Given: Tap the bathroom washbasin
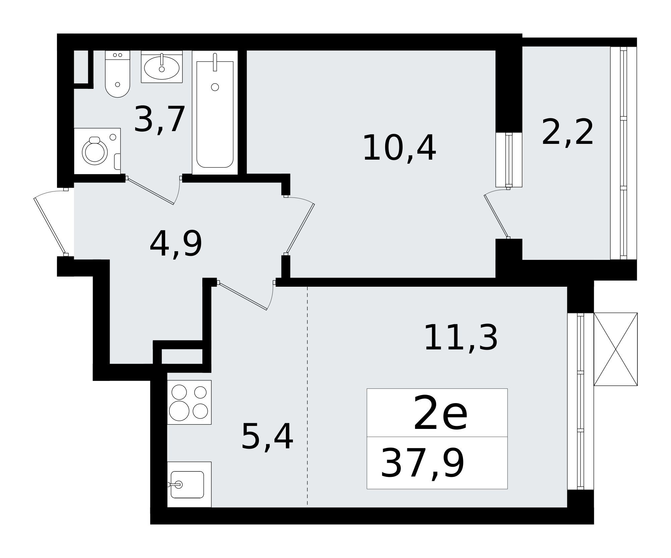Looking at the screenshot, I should [162, 67].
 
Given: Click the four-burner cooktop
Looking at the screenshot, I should [189, 402].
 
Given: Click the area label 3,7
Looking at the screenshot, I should [159, 120].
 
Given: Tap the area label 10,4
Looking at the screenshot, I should [399, 148].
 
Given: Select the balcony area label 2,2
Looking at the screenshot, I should [567, 133].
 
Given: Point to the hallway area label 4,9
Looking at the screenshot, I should [176, 244].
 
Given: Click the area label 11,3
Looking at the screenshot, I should [461, 338].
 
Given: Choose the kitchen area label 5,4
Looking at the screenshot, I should [267, 437].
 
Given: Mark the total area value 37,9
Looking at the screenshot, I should [422, 464].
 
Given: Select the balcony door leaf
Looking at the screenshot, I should [496, 217].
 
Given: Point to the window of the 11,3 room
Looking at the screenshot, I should [580, 401].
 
